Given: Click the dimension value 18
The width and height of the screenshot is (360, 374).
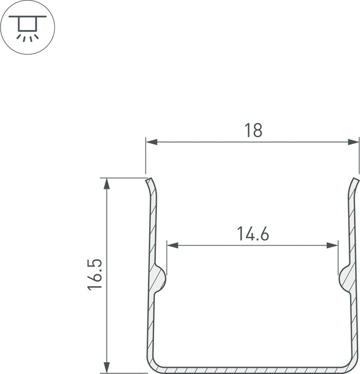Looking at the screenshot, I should coord(253,130).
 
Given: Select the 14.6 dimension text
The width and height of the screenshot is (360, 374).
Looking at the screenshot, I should coord(253,234).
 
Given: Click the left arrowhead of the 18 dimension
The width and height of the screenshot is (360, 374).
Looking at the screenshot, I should coord(152,143).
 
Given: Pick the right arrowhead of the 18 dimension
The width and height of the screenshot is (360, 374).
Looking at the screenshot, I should coord(354,143).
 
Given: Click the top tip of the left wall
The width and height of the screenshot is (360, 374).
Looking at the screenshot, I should coord(149,181).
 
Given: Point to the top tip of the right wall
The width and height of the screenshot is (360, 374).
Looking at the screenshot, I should coord(356,181).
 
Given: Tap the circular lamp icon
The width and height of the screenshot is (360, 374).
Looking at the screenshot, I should coord(27,28).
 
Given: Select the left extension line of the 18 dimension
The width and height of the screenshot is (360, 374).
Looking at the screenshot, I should coord(146,156).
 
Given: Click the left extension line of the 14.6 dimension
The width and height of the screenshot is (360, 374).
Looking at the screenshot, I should coord(167,256).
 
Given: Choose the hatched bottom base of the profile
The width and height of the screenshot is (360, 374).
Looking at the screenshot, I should coord(253,369).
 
